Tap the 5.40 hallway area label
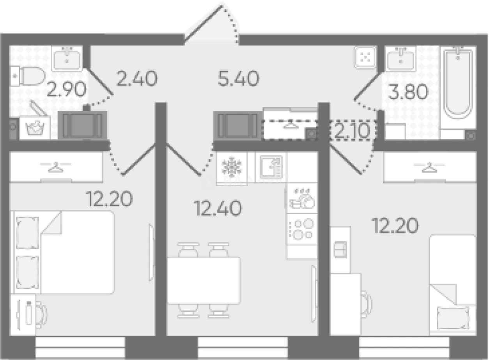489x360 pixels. click(238, 78)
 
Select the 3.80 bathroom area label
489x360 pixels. click(408, 92)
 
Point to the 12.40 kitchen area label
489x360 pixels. click(218, 208)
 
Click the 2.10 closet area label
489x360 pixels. click(352, 131)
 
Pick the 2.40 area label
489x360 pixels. click(137, 78)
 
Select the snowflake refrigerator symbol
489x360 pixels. click(232, 167)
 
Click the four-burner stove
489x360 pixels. click(302, 229)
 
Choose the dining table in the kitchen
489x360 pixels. click(204, 281)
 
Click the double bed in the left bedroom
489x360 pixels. click(64, 252)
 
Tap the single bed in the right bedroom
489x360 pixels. click(453, 284)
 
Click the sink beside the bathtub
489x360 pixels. click(400, 58)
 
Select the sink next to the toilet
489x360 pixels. click(67, 58)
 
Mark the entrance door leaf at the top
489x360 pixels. click(203, 23)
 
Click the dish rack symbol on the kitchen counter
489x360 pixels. click(302, 199)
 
